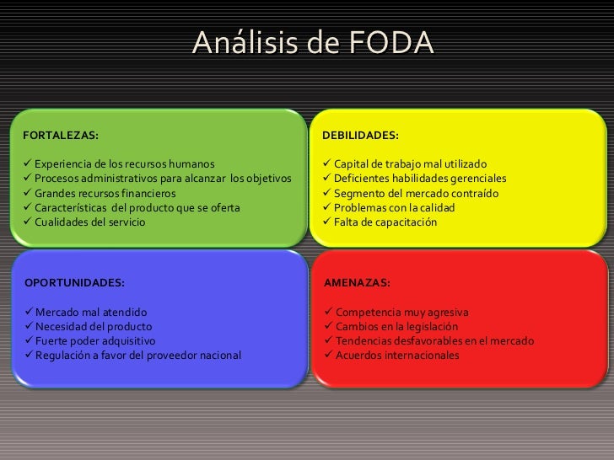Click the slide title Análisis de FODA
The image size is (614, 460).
[312, 42]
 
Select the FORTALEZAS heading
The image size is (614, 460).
[60, 135]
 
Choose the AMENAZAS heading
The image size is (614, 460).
[357, 283]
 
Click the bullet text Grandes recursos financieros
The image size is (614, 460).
[105, 193]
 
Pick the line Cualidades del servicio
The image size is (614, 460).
[90, 222]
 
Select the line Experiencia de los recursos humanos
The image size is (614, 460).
[124, 163]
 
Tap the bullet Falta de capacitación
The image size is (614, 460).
[385, 222]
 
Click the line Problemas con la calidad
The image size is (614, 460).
[394, 208]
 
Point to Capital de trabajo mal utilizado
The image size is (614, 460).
[410, 163]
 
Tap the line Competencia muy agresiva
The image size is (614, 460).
[401, 312]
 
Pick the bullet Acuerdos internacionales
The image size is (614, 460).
[397, 356]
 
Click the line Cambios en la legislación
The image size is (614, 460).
[396, 326]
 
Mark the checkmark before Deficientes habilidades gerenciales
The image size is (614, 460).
[328, 179]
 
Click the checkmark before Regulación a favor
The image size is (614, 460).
[28, 356]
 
